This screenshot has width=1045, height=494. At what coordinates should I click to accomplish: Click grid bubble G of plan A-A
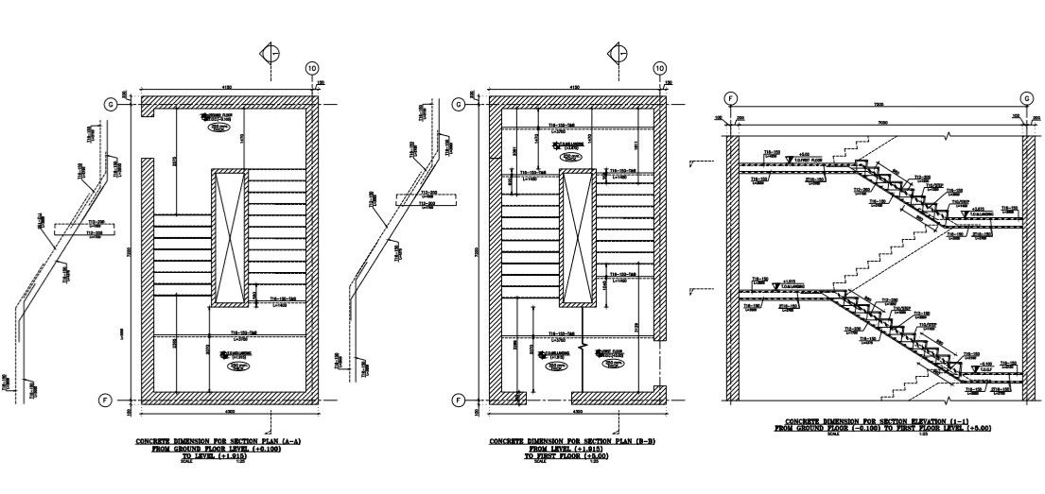111,105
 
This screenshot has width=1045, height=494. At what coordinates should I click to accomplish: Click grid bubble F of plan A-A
106,400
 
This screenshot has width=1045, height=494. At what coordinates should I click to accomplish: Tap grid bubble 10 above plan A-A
312,68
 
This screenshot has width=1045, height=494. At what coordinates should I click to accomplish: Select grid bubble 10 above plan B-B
659,68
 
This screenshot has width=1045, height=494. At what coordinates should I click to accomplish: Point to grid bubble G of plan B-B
459,105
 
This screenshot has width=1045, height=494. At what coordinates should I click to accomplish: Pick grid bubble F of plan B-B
459,400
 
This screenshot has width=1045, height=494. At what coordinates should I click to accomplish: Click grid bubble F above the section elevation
730,98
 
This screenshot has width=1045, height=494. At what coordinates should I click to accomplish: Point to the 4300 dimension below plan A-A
228,412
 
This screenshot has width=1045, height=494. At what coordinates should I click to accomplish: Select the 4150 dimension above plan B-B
575,87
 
